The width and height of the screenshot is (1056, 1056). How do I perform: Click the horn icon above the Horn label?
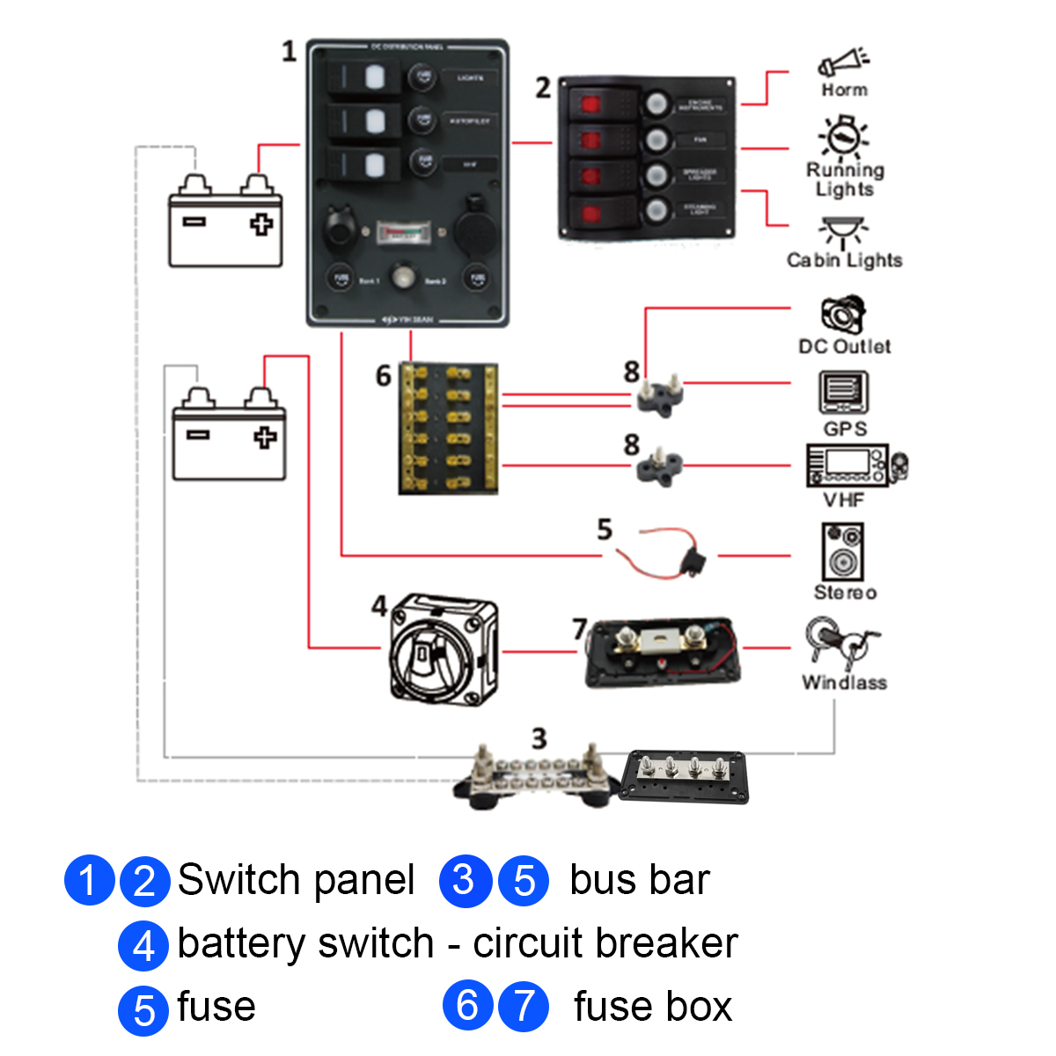[843, 62]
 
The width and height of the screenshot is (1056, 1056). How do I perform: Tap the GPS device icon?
[844, 392]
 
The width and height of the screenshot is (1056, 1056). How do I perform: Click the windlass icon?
[840, 642]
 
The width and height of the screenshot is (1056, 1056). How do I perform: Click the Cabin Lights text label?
[844, 260]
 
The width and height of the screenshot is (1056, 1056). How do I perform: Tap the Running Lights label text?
[845, 179]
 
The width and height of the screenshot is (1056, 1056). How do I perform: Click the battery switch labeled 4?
[443, 649]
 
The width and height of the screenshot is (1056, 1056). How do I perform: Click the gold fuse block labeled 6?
[448, 428]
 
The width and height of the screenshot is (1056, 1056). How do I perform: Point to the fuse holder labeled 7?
[662, 652]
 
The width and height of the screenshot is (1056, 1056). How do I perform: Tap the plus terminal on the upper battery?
[261, 224]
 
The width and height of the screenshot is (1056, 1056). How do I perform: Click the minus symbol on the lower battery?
[198, 434]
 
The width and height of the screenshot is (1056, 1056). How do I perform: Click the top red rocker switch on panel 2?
[589, 106]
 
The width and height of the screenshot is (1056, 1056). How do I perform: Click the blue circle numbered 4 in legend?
[143, 944]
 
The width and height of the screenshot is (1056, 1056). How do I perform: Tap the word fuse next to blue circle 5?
[216, 1007]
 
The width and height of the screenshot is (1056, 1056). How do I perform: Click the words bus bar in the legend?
[639, 880]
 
